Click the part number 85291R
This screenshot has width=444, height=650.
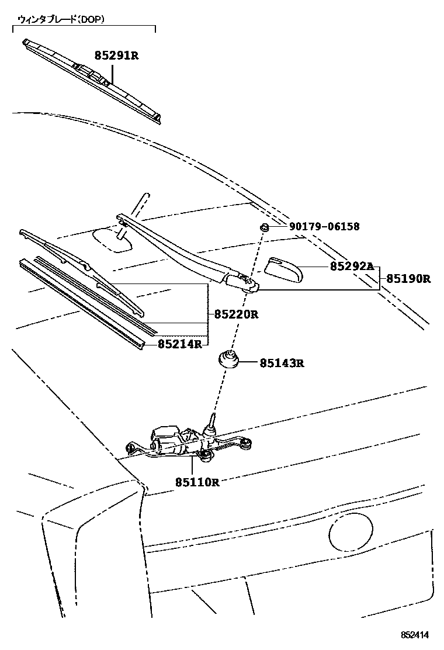click(x=116, y=56)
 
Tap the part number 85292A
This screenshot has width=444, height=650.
click(x=351, y=266)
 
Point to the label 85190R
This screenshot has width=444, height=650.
click(x=408, y=279)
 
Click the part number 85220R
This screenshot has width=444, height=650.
click(x=236, y=314)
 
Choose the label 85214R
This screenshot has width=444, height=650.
click(x=179, y=344)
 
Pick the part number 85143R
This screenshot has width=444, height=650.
click(x=282, y=363)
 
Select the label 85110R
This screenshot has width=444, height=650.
click(x=197, y=482)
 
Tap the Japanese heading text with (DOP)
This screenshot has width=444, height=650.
click(x=61, y=19)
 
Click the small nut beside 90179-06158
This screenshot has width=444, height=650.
click(x=264, y=227)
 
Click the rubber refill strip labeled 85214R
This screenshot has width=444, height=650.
click(x=82, y=304)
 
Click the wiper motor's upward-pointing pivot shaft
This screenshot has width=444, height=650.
click(x=212, y=422)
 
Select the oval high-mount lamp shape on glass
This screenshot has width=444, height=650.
click(x=114, y=240)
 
